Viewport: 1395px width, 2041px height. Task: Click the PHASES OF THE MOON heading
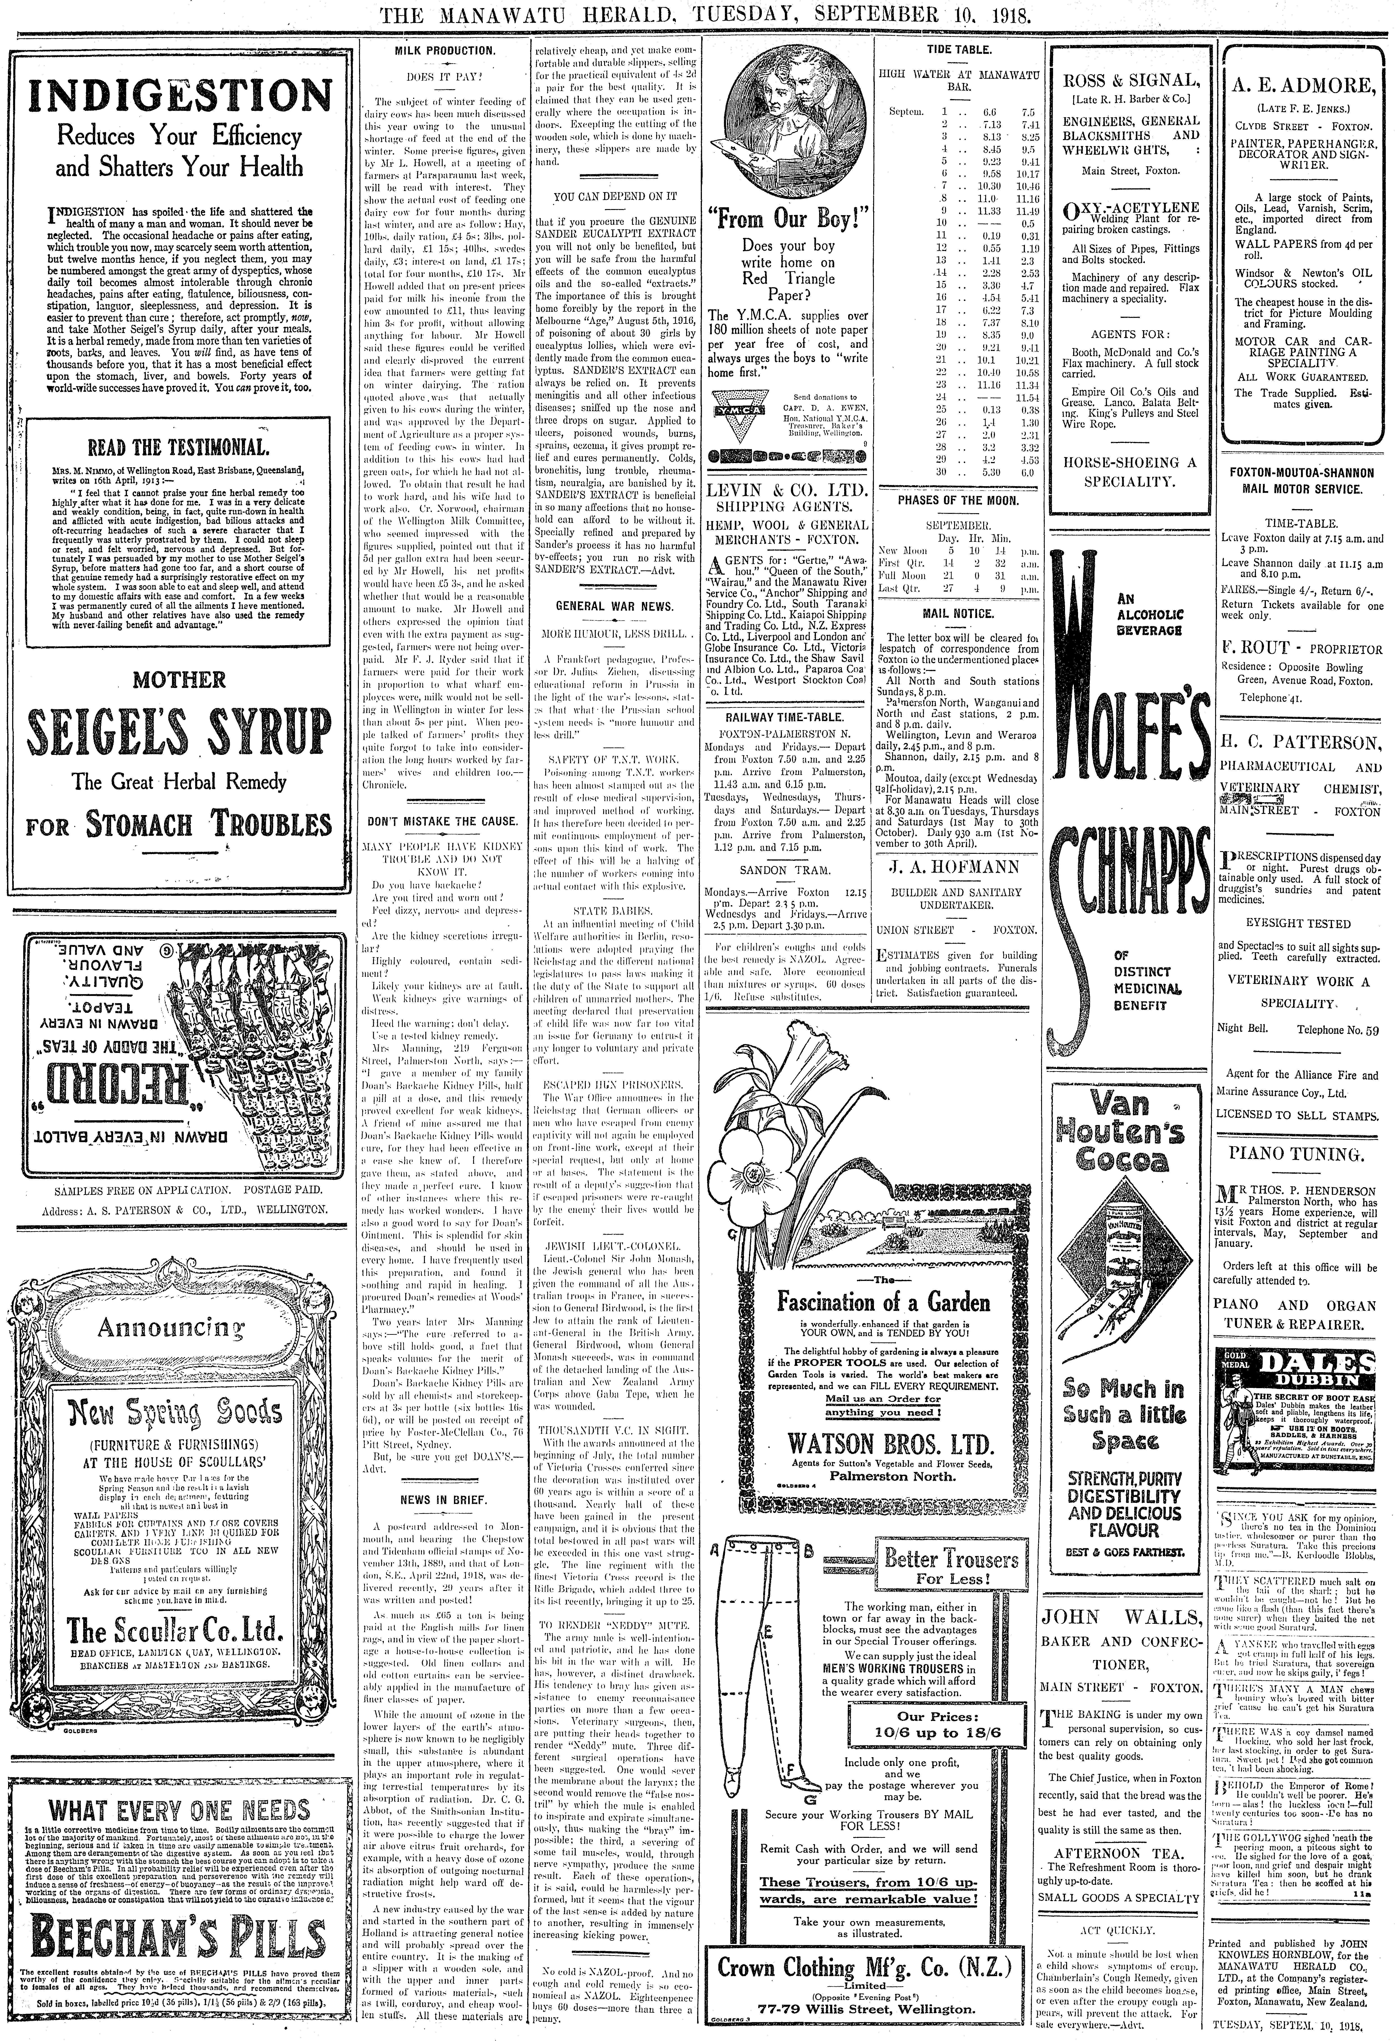coord(957,501)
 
